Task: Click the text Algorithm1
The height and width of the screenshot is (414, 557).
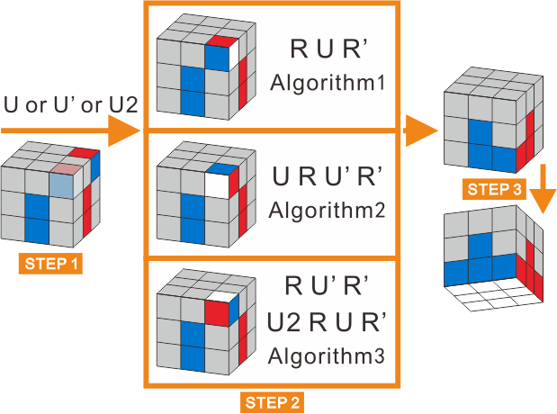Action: click(x=328, y=85)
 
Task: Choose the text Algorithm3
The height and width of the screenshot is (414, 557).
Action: click(x=328, y=356)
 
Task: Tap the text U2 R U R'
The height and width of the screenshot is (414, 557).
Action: click(x=328, y=321)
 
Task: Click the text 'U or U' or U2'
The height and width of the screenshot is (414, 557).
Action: click(x=69, y=106)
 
